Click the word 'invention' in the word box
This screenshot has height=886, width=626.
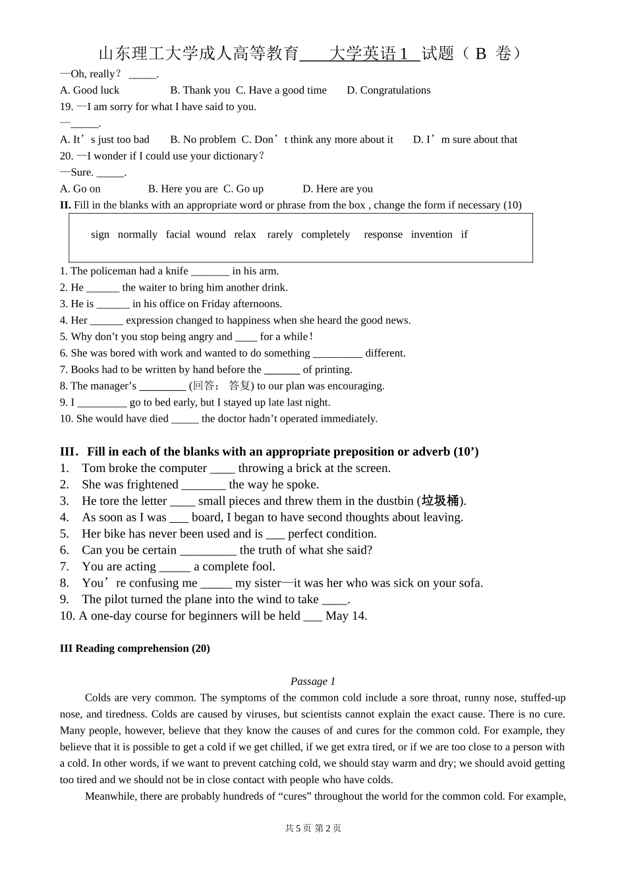[432, 235]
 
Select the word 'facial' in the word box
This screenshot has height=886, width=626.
[178, 235]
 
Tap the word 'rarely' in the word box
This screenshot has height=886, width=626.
[280, 235]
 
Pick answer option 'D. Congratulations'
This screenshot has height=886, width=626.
[389, 90]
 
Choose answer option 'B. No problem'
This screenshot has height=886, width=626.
[203, 140]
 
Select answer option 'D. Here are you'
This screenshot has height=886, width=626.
[338, 189]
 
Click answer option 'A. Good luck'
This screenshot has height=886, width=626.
[90, 90]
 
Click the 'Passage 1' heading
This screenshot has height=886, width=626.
[313, 682]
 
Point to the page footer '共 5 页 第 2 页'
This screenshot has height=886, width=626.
[313, 829]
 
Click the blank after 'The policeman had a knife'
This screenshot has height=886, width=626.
[210, 272]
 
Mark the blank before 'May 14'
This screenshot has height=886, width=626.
[313, 617]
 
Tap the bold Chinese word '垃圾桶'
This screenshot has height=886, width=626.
[440, 501]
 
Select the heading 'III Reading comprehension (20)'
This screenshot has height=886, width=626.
[135, 649]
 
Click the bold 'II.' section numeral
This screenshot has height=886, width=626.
[65, 205]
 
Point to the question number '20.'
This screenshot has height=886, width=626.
[67, 156]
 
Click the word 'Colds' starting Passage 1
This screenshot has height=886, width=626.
[98, 698]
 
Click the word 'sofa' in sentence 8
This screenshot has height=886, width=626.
[470, 583]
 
